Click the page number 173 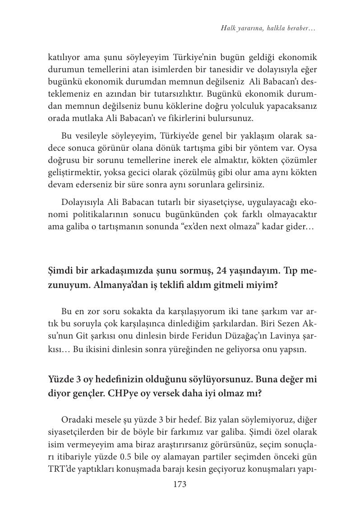180,485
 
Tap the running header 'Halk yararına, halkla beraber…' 268,28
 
